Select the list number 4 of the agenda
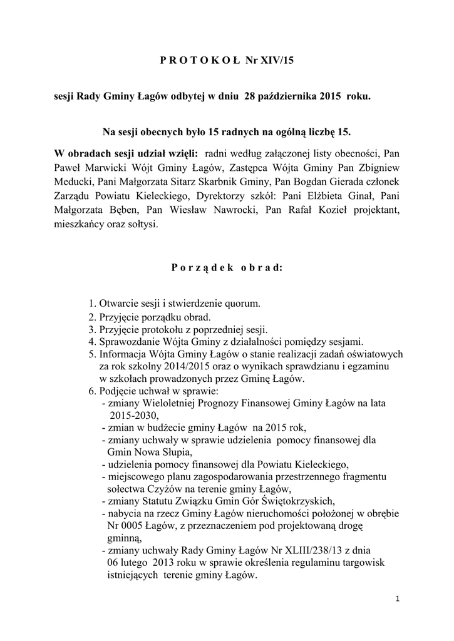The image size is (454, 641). (x=91, y=342)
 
